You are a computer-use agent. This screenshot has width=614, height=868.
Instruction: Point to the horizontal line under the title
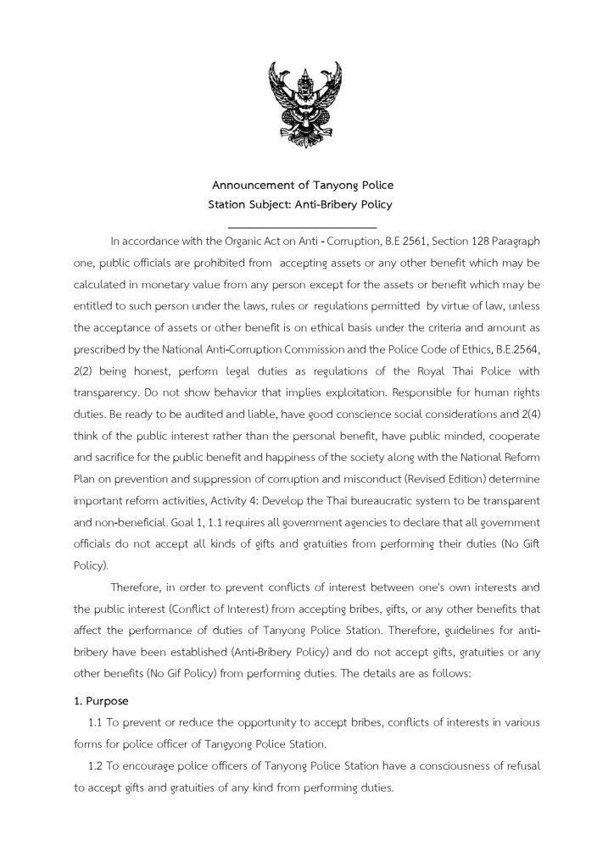[x=303, y=227]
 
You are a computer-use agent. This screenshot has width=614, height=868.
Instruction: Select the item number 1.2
[x=97, y=765]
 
